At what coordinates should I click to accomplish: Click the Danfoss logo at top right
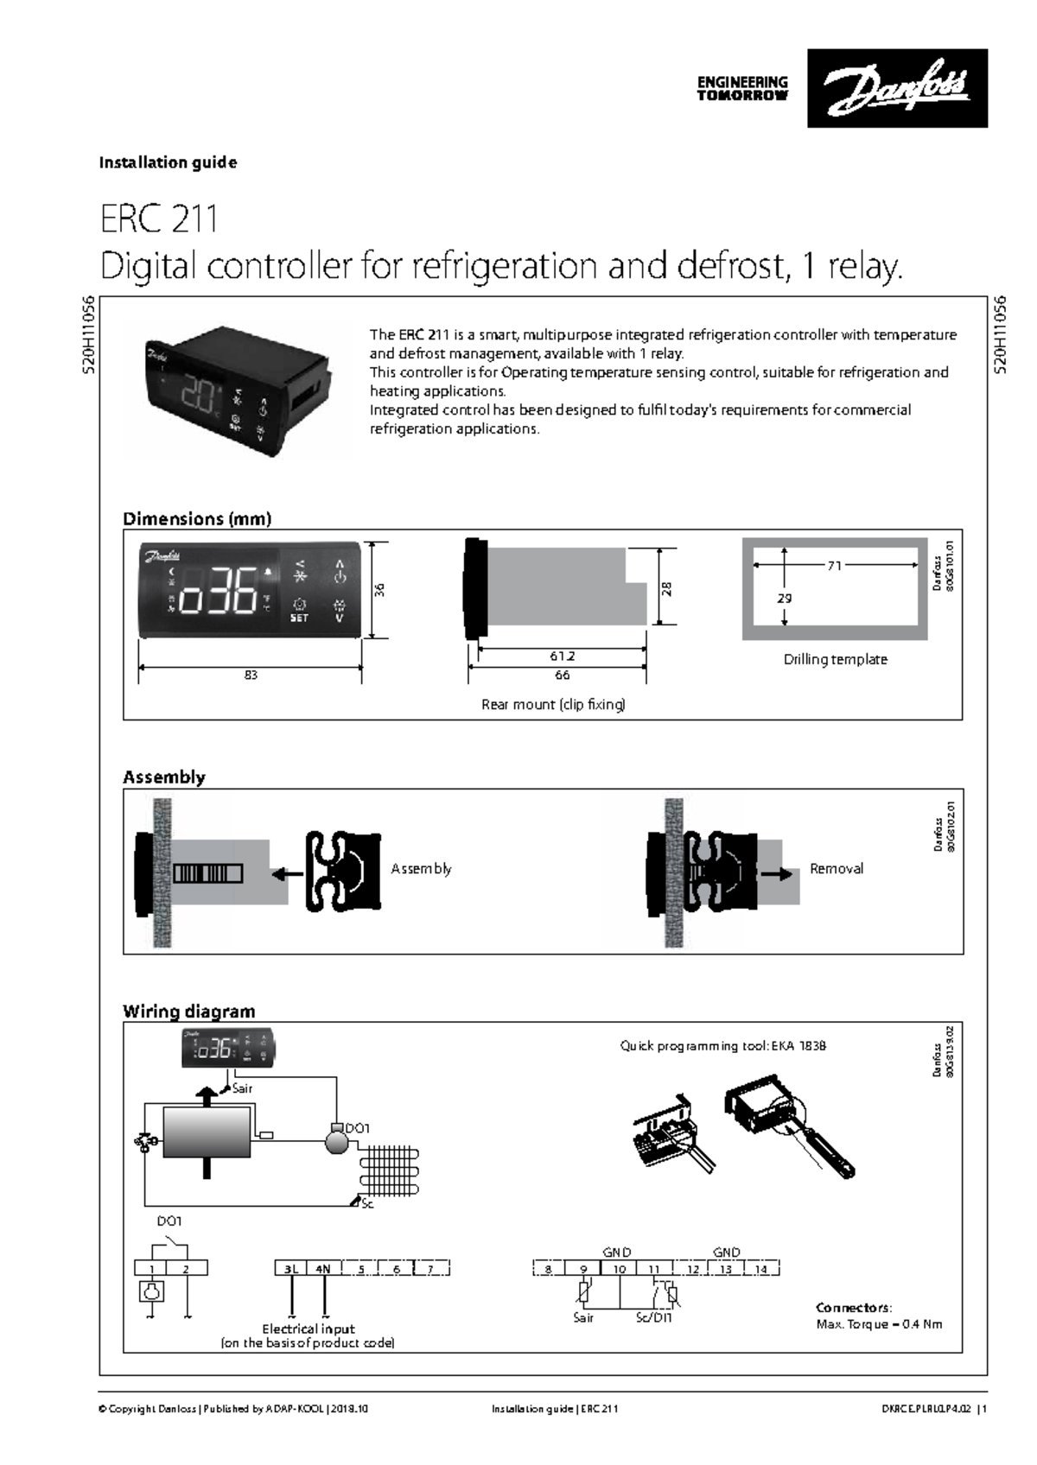coord(897,88)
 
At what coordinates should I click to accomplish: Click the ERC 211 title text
coord(159,219)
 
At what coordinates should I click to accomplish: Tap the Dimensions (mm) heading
coord(197,519)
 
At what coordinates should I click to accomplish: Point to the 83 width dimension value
coord(251,675)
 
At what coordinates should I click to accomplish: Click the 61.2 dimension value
coord(562,656)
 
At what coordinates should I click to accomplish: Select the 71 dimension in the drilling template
coord(834,566)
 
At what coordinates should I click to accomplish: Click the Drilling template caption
coord(835,660)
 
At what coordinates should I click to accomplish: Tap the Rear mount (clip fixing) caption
coord(553,705)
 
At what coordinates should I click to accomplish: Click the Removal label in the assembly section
coord(836,869)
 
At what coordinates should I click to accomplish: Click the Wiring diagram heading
coord(188,1012)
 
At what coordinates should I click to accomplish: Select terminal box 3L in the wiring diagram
coord(291,1269)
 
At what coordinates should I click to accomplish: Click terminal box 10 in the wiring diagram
coord(620,1269)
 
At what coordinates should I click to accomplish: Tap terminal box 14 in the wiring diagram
coord(760,1269)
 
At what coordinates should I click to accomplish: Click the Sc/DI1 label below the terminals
coord(654,1318)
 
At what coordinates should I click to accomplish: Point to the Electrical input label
coord(309,1329)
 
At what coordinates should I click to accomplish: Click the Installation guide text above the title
coord(168,162)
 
